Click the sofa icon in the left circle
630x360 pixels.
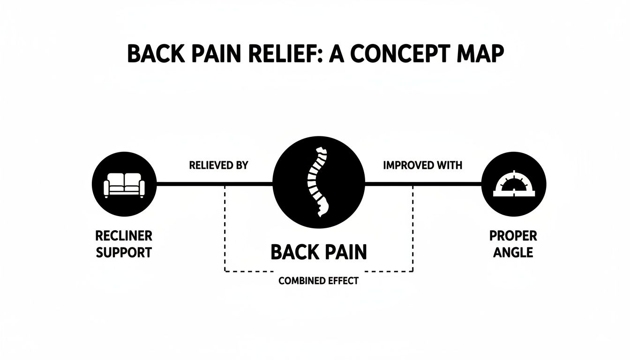pyautogui.click(x=124, y=184)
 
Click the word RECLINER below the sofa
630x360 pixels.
pyautogui.click(x=124, y=235)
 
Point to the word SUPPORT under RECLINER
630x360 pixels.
pyautogui.click(x=124, y=253)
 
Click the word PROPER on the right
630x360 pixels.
pyautogui.click(x=513, y=235)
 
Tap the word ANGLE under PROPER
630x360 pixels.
pyautogui.click(x=513, y=253)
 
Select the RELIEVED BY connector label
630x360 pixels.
pyautogui.click(x=218, y=165)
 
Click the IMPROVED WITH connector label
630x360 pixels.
pyautogui.click(x=422, y=165)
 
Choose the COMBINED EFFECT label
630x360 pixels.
pyautogui.click(x=318, y=281)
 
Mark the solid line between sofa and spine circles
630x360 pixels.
pyautogui.click(x=214, y=184)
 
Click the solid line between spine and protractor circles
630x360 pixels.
pyautogui.click(x=423, y=184)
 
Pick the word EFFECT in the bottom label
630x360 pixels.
pyautogui.click(x=343, y=281)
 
